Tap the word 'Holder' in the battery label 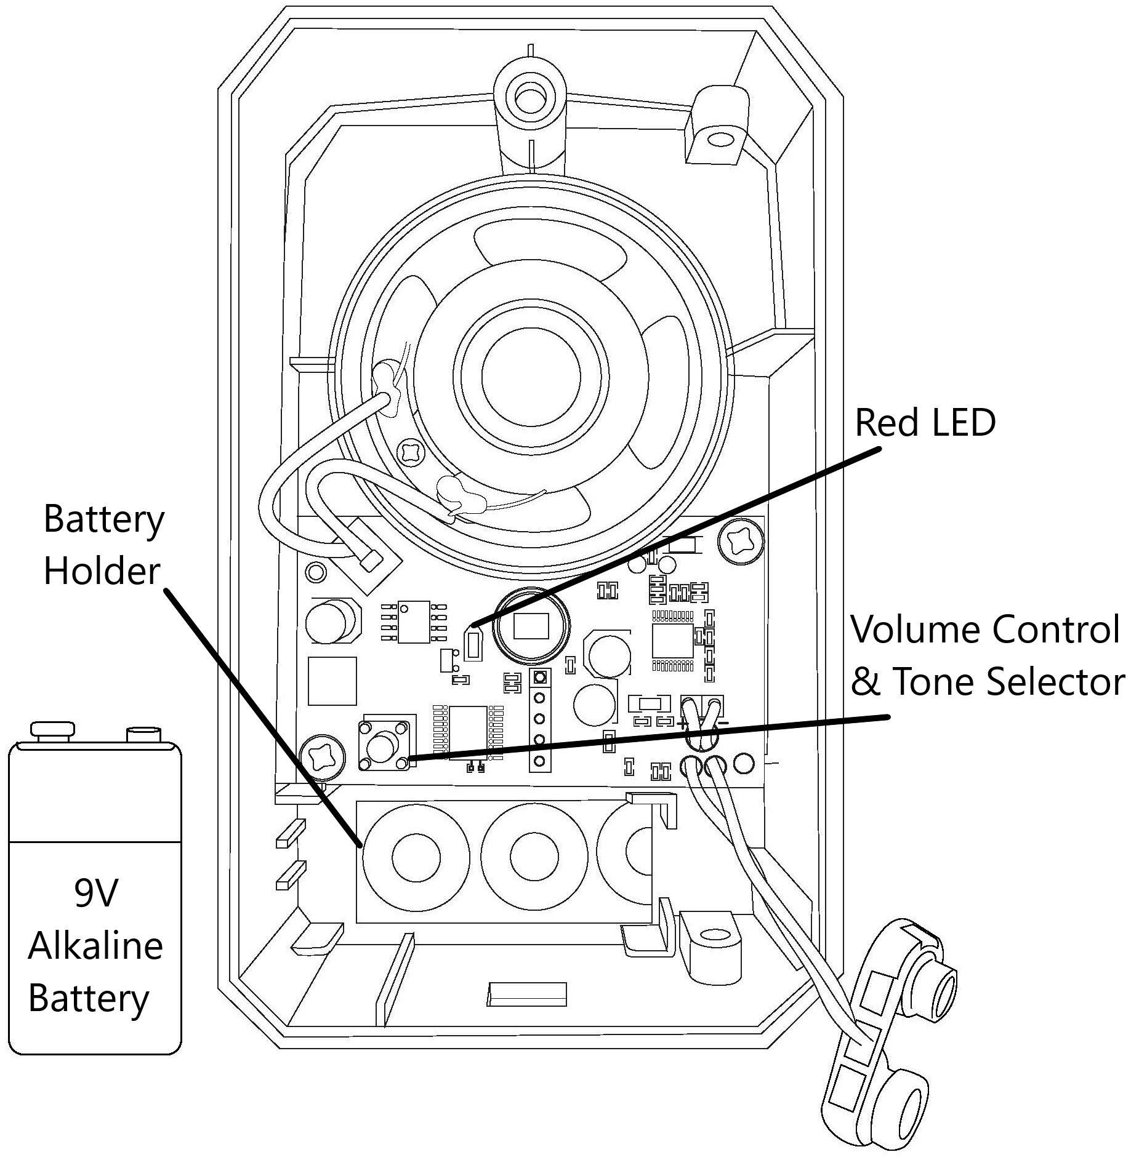102,571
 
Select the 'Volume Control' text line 985,630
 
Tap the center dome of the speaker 531,377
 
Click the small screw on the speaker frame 411,452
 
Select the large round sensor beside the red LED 531,626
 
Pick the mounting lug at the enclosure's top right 717,141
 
